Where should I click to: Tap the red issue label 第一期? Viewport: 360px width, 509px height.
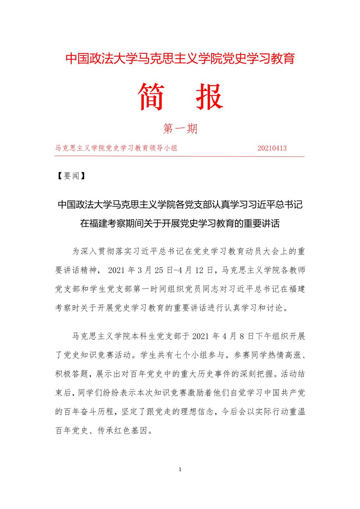tap(180, 129)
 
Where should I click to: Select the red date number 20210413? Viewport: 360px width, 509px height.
tap(272, 148)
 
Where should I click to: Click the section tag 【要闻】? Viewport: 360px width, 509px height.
tap(72, 176)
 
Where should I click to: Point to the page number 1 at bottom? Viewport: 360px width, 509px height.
tap(180, 469)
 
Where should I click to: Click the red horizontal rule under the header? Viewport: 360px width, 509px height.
tap(180, 156)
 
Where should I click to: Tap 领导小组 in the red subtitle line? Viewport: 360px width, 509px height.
tap(162, 148)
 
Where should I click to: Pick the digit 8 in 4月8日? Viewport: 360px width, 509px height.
tap(241, 336)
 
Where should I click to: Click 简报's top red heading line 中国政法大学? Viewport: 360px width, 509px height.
tap(100, 59)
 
